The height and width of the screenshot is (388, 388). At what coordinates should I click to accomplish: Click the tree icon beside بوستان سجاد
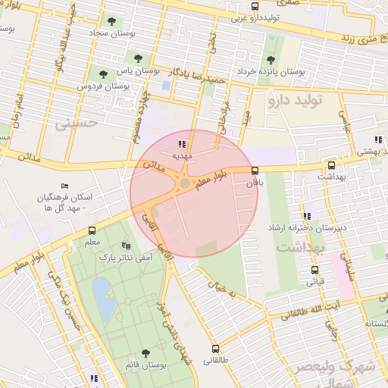point(112,22)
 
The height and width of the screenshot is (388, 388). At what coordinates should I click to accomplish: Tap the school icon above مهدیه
point(181,143)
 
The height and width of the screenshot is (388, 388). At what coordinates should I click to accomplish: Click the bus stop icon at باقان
point(254,171)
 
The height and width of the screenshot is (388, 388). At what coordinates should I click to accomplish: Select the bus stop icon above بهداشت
point(331,164)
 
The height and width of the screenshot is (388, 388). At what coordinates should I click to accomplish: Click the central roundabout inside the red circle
point(184,183)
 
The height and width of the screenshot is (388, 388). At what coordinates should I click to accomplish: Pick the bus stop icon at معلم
point(92,230)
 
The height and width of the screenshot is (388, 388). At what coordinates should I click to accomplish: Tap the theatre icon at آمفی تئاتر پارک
point(125,246)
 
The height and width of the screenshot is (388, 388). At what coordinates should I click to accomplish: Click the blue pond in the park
point(103,296)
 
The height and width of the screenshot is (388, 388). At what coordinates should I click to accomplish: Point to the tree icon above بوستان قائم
point(145,352)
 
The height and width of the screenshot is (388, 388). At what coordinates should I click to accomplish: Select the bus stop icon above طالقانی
point(217,349)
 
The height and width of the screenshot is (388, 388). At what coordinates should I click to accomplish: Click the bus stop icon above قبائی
point(314,270)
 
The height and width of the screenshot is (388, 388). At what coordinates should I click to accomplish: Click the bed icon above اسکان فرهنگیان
point(64,186)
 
